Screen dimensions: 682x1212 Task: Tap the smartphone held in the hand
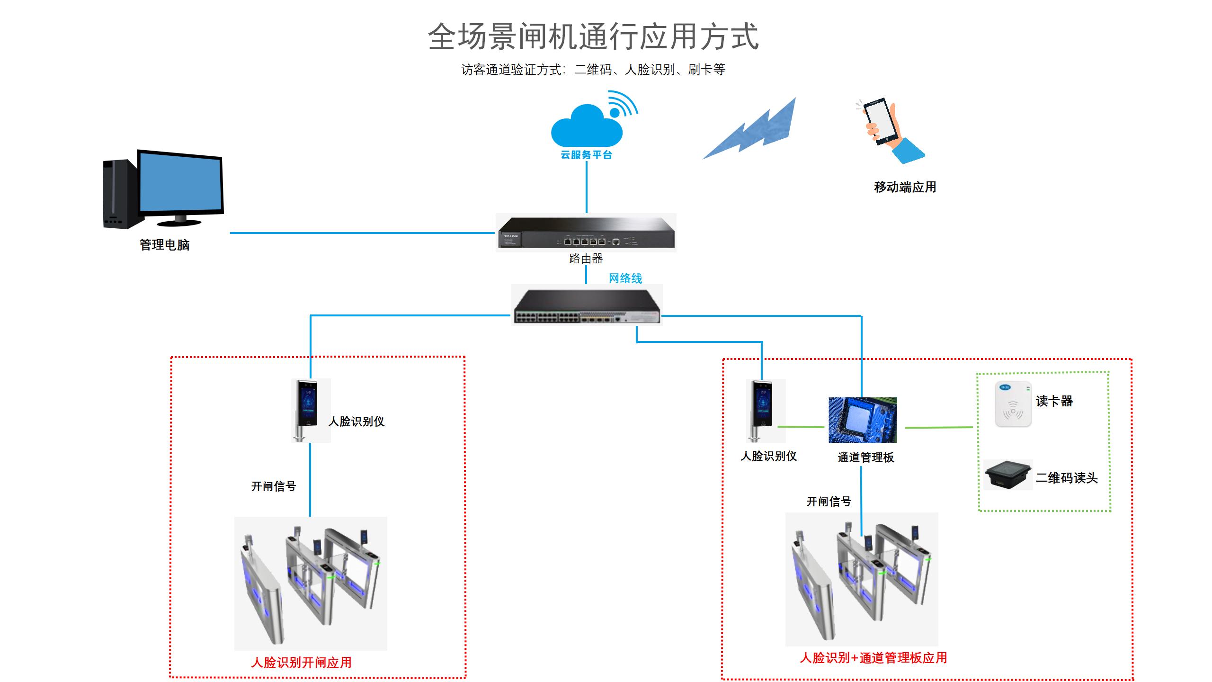[881, 121]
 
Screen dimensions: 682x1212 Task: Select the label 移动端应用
[905, 187]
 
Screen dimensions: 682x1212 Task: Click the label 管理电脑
[164, 245]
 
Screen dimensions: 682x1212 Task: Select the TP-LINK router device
[586, 233]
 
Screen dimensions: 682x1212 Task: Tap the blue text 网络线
[625, 278]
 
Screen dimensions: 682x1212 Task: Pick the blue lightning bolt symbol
[753, 130]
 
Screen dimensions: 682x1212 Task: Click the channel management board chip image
[863, 420]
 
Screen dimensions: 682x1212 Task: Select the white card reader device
[1013, 404]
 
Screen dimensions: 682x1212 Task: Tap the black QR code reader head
[1008, 474]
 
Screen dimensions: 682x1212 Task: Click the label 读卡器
[1054, 401]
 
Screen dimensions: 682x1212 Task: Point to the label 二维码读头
[1066, 478]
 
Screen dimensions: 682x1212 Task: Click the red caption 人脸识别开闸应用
[301, 662]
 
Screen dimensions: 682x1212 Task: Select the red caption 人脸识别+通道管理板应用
[873, 657]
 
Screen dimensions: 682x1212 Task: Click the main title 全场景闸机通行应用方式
[593, 36]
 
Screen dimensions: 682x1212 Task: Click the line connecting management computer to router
[362, 233]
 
